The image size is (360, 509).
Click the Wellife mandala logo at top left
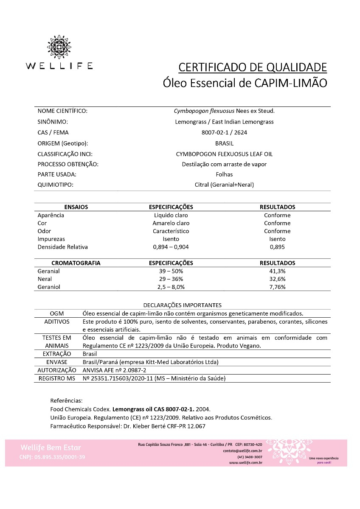pyautogui.click(x=59, y=47)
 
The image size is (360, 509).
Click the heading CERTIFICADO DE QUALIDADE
pyautogui.click(x=252, y=67)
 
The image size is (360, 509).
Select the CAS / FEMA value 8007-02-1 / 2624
pyautogui.click(x=224, y=132)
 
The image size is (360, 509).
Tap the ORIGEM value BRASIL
pyautogui.click(x=224, y=143)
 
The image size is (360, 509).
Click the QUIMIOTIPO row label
pyautogui.click(x=56, y=185)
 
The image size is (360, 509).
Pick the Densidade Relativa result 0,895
pyautogui.click(x=277, y=247)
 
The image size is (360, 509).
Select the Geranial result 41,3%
pyautogui.click(x=277, y=271)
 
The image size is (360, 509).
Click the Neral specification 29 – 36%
pyautogui.click(x=171, y=279)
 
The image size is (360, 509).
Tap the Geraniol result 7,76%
pyautogui.click(x=277, y=287)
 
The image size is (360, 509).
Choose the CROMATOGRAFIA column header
pyautogui.click(x=76, y=263)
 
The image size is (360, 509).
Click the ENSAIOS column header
pyautogui.click(x=76, y=207)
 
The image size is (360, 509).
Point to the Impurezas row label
pyautogui.click(x=51, y=239)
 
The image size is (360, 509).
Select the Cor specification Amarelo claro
pyautogui.click(x=171, y=223)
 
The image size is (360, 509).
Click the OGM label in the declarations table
pyautogui.click(x=56, y=313)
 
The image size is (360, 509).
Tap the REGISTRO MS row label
pyautogui.click(x=56, y=378)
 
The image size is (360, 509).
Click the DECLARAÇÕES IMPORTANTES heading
pyautogui.click(x=182, y=305)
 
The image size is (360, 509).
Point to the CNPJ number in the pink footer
pyautogui.click(x=52, y=457)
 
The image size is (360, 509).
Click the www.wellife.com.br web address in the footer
pyautogui.click(x=245, y=463)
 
